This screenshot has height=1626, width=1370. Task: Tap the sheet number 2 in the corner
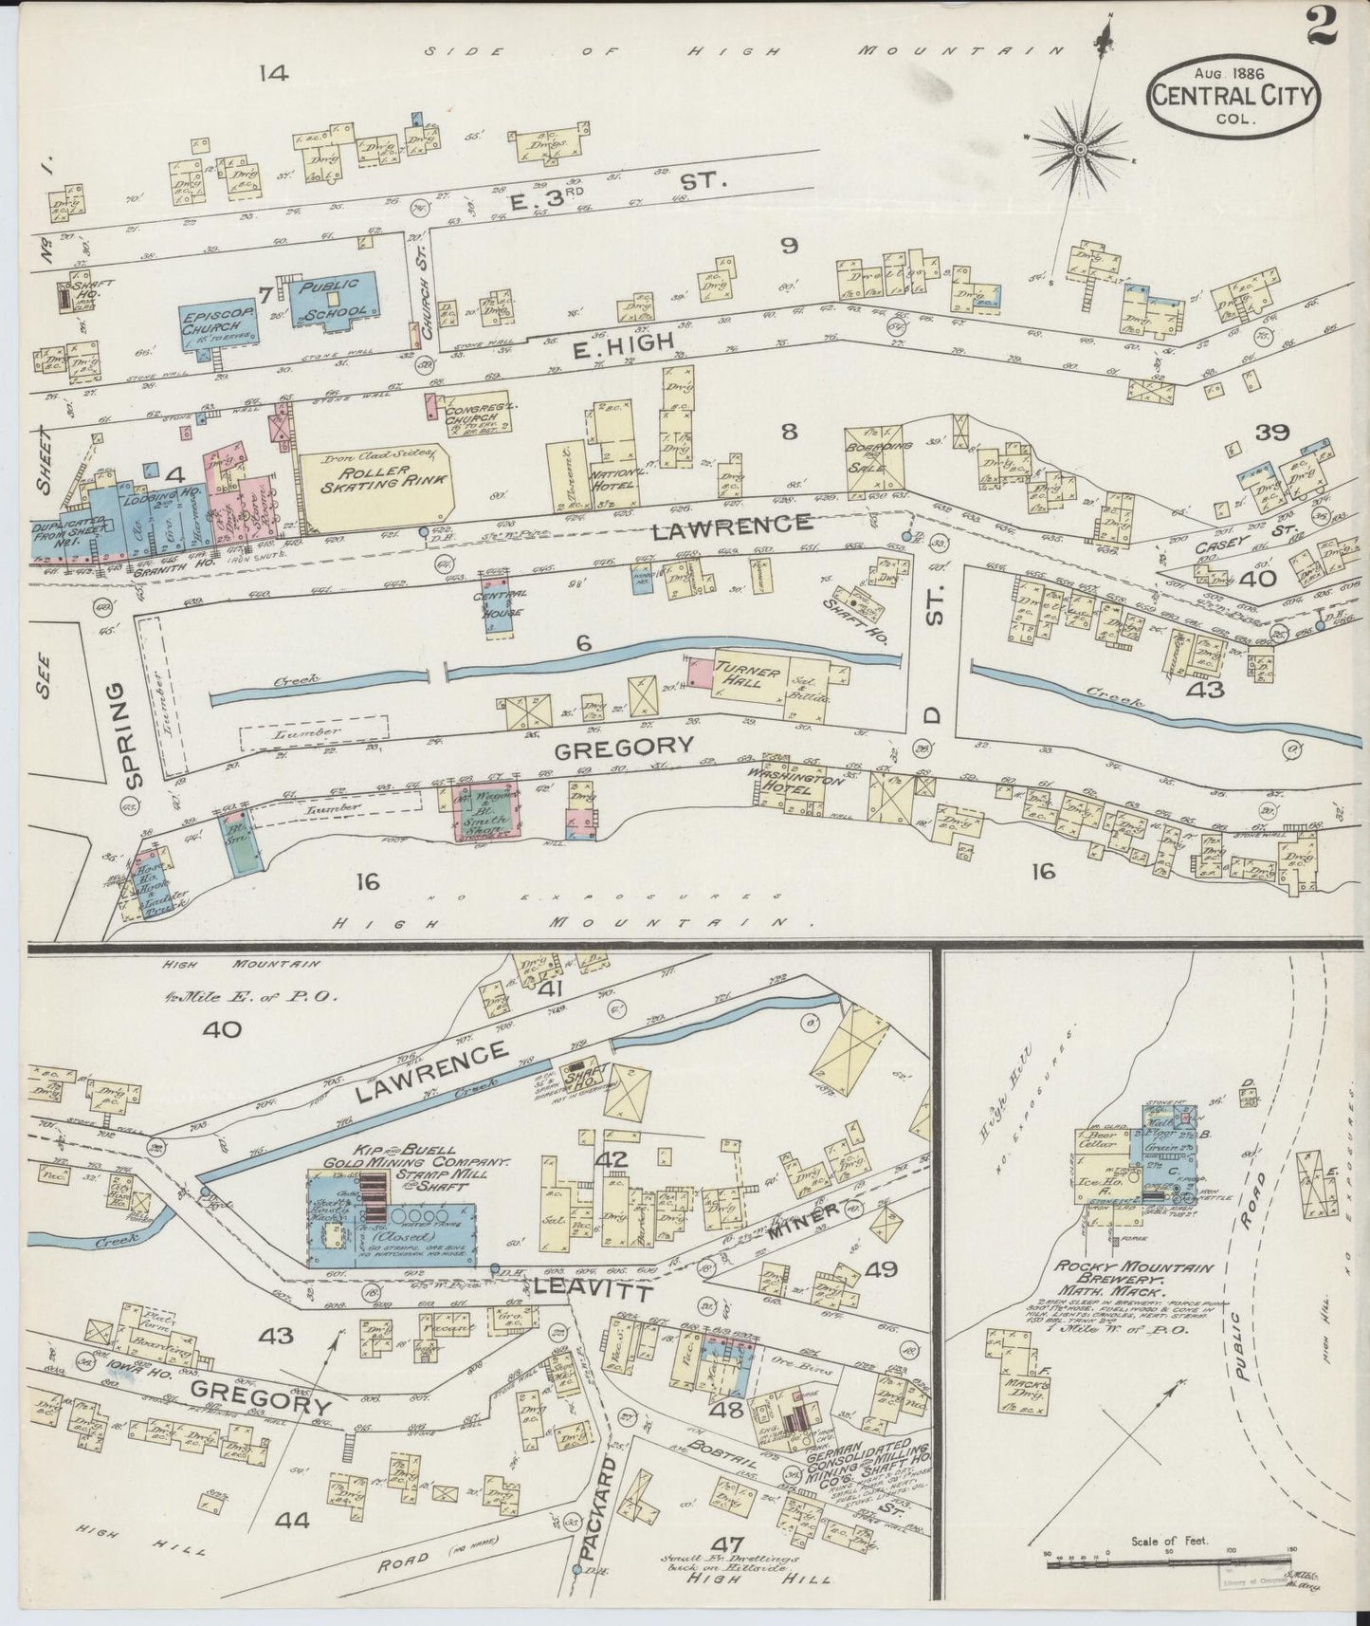[x=1321, y=23]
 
